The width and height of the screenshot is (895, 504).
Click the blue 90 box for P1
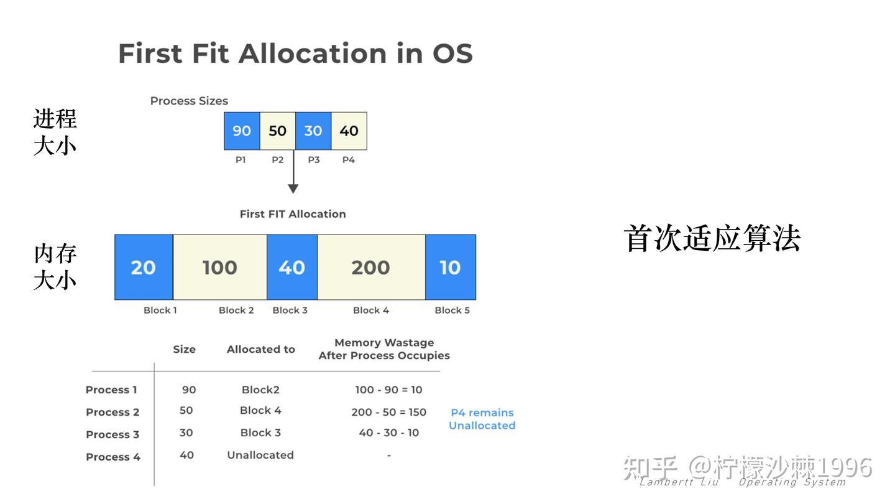[x=242, y=131]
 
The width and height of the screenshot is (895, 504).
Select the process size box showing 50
[x=277, y=131]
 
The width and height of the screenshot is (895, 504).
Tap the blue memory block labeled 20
[x=144, y=268]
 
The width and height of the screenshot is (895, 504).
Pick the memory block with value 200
[x=371, y=268]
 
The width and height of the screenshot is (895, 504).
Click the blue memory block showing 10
[x=450, y=268]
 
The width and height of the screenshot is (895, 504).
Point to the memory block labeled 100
[x=220, y=268]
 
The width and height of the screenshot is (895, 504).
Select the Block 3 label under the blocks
[x=290, y=310]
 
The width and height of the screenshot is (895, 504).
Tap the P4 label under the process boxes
[x=349, y=160]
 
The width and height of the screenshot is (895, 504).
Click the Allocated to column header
[x=260, y=349]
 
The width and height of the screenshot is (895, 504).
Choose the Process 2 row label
[x=112, y=412]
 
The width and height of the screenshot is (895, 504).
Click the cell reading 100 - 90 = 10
[x=388, y=390]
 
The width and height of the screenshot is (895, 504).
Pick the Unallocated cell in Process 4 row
[x=260, y=455]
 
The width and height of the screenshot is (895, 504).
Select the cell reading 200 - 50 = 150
[x=388, y=412]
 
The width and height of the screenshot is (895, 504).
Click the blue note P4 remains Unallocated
[x=482, y=419]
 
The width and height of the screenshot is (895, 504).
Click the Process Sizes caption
[x=189, y=101]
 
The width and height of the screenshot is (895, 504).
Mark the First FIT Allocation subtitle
[x=293, y=214]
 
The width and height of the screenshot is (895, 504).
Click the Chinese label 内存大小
[x=55, y=267]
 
